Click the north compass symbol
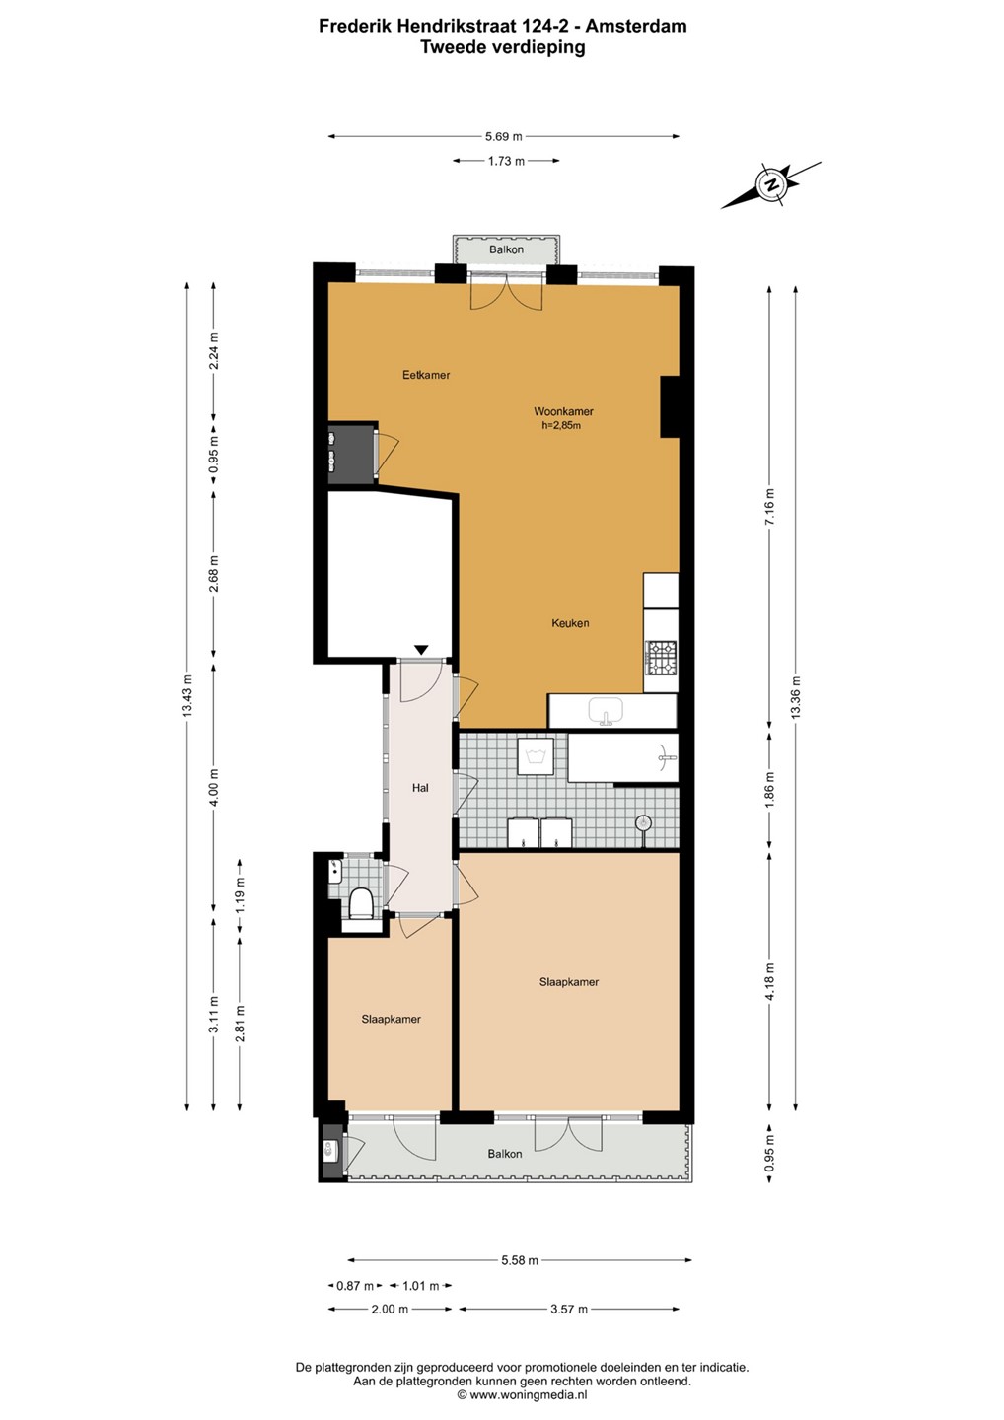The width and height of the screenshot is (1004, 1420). (x=771, y=185)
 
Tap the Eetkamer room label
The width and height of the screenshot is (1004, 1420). (x=426, y=375)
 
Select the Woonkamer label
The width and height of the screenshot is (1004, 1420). (x=563, y=411)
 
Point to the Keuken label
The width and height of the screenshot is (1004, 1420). (x=570, y=623)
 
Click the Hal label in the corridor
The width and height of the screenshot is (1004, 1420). (x=420, y=788)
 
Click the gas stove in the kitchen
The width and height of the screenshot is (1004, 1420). (x=661, y=658)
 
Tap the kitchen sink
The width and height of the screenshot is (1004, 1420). (x=606, y=711)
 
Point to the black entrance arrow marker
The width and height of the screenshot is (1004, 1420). (x=421, y=650)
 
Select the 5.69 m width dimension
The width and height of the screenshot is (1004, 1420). (x=503, y=136)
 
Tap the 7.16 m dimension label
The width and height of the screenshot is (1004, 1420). (x=769, y=507)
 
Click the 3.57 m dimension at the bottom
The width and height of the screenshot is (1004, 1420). (x=569, y=1310)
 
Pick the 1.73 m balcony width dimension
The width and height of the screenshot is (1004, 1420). (x=506, y=161)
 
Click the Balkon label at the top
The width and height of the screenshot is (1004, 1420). (x=506, y=249)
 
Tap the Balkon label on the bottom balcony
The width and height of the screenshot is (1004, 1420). (x=505, y=1154)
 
